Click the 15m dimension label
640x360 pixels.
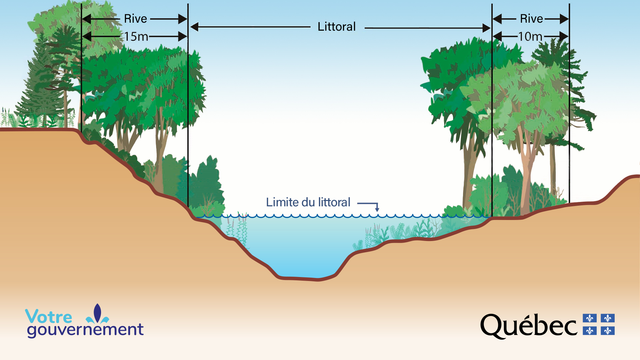136,36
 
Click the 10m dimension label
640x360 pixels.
530,36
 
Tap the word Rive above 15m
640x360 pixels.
135,19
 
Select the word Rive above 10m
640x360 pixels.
531,19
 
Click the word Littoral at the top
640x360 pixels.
337,27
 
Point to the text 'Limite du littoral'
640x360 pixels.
308,202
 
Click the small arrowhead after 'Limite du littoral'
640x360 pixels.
377,209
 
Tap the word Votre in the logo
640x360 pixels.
49,316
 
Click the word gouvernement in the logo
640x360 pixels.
85,330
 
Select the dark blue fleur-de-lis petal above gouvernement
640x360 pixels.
97,312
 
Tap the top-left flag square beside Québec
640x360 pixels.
590,318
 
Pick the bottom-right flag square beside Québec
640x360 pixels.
608,331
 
